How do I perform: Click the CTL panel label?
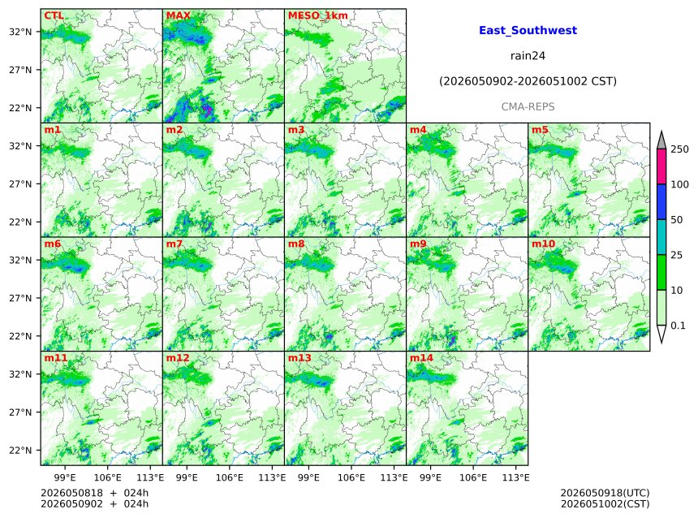(x=54, y=15)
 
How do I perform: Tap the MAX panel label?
(x=178, y=15)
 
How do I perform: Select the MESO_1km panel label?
(x=318, y=15)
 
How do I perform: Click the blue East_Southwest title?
(x=528, y=30)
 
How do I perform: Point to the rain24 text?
(x=528, y=56)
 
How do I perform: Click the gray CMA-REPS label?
(x=528, y=107)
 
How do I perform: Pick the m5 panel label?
(x=540, y=130)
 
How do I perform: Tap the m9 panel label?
(x=418, y=244)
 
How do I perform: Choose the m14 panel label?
(x=421, y=358)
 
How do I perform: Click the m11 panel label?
(x=55, y=358)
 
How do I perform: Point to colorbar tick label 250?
(x=680, y=149)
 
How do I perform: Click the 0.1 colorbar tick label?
(x=678, y=326)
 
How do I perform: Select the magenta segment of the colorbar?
(x=661, y=166)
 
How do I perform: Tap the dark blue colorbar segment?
(x=661, y=202)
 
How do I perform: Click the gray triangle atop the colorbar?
(x=661, y=140)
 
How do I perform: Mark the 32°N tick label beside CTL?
(x=20, y=32)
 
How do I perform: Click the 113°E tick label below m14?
(x=516, y=477)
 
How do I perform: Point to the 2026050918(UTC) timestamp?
(x=605, y=493)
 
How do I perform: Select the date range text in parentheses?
(x=528, y=81)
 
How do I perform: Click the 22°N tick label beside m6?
(x=20, y=336)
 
